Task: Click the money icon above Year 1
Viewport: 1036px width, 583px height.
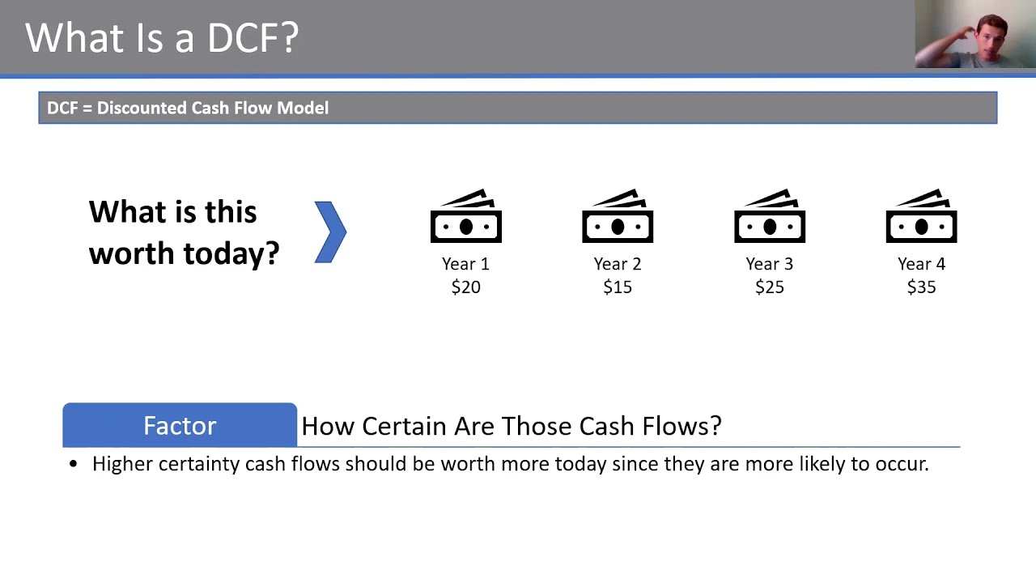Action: pyautogui.click(x=465, y=217)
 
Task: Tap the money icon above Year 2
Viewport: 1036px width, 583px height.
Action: pyautogui.click(x=618, y=217)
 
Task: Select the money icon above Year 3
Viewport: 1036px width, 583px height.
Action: pyautogui.click(x=770, y=217)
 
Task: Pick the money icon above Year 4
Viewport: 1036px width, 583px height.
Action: pyautogui.click(x=921, y=217)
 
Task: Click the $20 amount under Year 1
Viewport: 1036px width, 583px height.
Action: pyautogui.click(x=465, y=287)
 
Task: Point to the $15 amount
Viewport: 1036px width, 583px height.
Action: pyautogui.click(x=618, y=287)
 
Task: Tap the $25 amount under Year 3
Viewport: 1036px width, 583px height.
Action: pyautogui.click(x=770, y=287)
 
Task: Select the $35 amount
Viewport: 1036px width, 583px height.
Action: pyautogui.click(x=921, y=287)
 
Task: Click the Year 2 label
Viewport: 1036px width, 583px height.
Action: pyautogui.click(x=618, y=264)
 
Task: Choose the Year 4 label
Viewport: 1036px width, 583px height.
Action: pyautogui.click(x=921, y=264)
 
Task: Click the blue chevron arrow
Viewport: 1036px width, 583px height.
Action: pyautogui.click(x=330, y=232)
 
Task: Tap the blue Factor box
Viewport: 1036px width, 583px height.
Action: pyautogui.click(x=180, y=425)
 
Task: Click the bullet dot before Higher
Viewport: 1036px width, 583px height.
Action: pyautogui.click(x=74, y=465)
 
